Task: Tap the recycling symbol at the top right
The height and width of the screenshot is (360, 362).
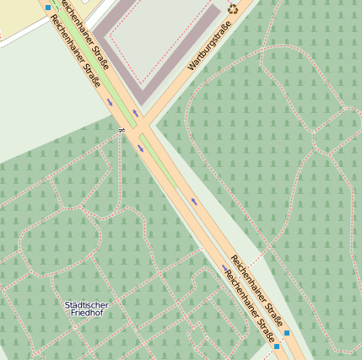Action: (x=233, y=9)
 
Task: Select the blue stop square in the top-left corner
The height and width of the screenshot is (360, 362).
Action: (x=47, y=7)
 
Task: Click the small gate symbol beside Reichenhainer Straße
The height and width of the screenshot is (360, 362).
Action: (x=122, y=129)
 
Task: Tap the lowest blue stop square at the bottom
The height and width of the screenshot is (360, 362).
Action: (x=277, y=347)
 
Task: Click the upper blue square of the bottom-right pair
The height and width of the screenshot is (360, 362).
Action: (x=287, y=333)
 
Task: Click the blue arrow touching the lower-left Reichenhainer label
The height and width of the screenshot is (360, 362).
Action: (x=224, y=268)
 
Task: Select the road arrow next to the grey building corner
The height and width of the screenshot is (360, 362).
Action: (x=134, y=112)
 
